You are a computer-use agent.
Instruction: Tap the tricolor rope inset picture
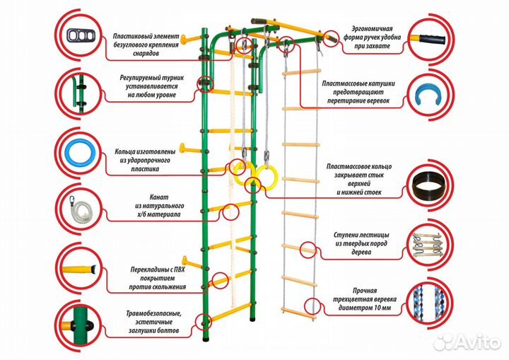coord(429,300)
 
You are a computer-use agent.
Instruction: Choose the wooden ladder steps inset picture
coord(429,243)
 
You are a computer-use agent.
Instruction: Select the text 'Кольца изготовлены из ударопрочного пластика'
coord(146,160)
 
